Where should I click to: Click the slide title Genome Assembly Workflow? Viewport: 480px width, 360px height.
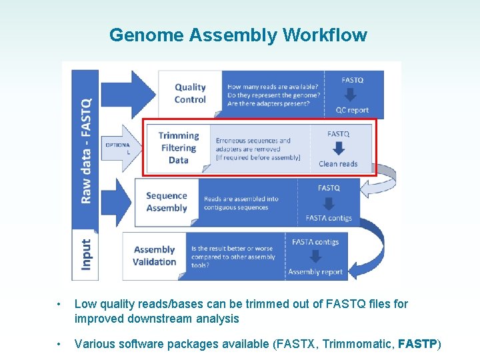[x=238, y=35]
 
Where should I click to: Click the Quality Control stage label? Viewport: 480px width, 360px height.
[x=190, y=93]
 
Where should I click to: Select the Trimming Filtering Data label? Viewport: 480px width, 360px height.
[x=178, y=147]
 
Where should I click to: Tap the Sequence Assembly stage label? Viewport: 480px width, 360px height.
[x=167, y=201]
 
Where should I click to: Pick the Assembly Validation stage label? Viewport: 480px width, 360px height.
[x=154, y=255]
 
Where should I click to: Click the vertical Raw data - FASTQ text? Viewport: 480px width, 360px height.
[x=87, y=150]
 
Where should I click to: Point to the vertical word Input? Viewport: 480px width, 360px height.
[x=87, y=255]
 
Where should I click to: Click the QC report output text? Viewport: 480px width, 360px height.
[x=352, y=111]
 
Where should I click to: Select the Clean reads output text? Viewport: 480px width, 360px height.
[x=338, y=164]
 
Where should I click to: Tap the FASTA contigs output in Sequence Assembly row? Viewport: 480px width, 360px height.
[x=329, y=218]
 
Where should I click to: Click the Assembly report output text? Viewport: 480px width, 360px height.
[x=315, y=272]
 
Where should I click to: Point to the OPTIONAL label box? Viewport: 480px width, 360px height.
[x=117, y=148]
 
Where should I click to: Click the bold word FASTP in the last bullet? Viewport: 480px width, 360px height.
[x=417, y=344]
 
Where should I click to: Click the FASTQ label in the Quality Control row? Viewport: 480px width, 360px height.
[x=352, y=80]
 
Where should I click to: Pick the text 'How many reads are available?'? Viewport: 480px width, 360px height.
[x=273, y=87]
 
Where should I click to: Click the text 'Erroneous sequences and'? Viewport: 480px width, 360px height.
[x=253, y=141]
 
